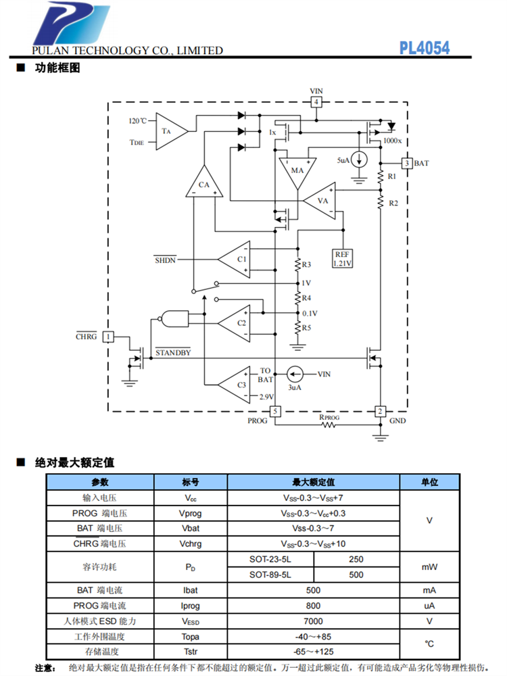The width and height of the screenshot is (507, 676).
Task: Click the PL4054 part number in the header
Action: [424, 47]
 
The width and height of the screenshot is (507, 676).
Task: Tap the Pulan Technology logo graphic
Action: [71, 24]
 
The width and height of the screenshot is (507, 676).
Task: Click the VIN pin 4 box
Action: [316, 103]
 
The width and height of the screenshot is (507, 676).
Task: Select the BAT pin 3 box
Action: [406, 163]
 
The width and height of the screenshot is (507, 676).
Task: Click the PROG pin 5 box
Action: [274, 411]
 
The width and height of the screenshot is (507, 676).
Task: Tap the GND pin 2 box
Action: [380, 411]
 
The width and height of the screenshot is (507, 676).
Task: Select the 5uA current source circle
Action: [360, 160]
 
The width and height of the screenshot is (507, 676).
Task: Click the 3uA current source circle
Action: [294, 373]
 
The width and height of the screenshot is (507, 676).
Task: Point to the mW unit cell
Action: [429, 567]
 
